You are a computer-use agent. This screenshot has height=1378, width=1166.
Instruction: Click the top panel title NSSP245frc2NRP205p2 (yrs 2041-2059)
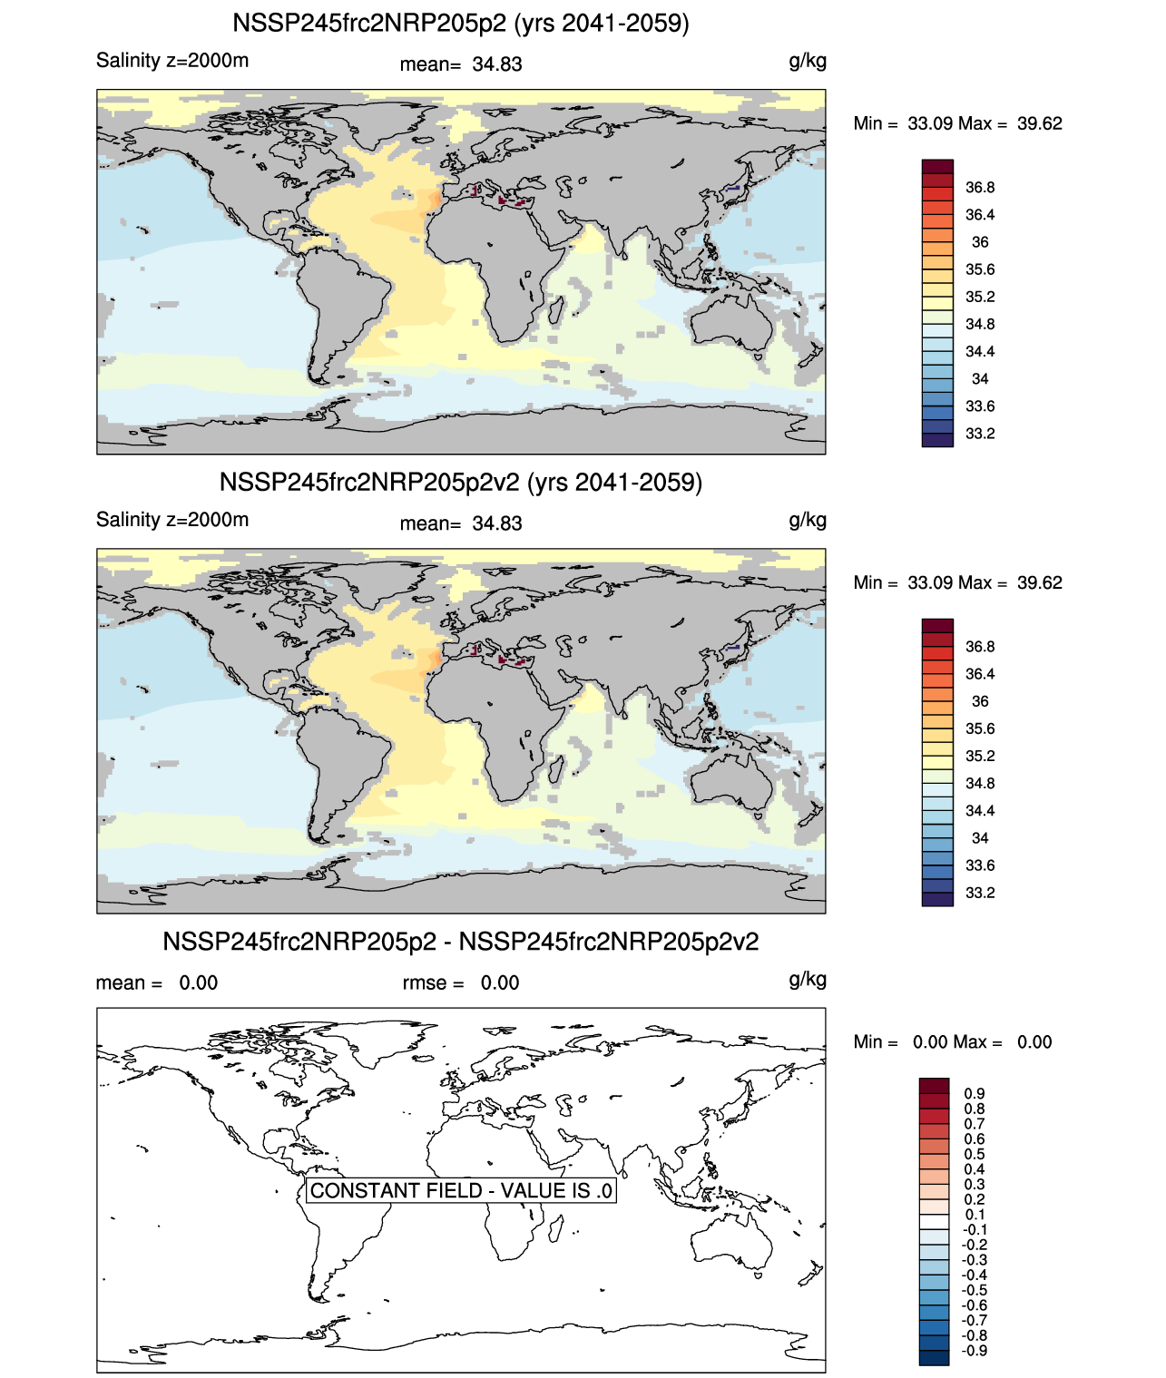461,23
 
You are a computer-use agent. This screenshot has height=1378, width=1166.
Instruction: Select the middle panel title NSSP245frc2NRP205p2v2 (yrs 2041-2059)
461,482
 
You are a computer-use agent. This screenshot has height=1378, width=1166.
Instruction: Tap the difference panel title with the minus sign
461,942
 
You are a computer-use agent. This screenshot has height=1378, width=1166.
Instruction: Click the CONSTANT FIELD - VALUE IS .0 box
461,1190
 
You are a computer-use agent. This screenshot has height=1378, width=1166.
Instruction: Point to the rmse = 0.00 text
461,982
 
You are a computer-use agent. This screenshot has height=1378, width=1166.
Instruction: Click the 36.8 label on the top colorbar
980,188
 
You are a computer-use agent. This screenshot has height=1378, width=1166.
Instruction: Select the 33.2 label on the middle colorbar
980,893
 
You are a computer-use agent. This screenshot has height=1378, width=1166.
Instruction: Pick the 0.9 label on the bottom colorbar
975,1094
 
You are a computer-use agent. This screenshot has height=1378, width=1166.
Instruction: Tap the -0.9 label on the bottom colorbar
974,1351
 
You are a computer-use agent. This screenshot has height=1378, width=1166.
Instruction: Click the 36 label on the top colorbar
980,242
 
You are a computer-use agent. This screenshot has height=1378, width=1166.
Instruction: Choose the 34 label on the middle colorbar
980,838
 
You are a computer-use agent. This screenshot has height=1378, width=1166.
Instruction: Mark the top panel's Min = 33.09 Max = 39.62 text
957,123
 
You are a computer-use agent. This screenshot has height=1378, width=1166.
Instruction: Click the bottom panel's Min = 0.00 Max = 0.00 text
952,1042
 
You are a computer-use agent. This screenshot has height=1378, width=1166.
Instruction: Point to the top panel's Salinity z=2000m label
172,61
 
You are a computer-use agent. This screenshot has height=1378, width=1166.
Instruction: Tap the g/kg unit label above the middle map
808,520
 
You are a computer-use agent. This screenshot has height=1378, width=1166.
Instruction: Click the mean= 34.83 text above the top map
461,64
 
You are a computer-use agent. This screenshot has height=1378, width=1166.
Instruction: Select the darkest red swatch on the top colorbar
937,167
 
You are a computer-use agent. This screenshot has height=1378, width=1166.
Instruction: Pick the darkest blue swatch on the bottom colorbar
934,1357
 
